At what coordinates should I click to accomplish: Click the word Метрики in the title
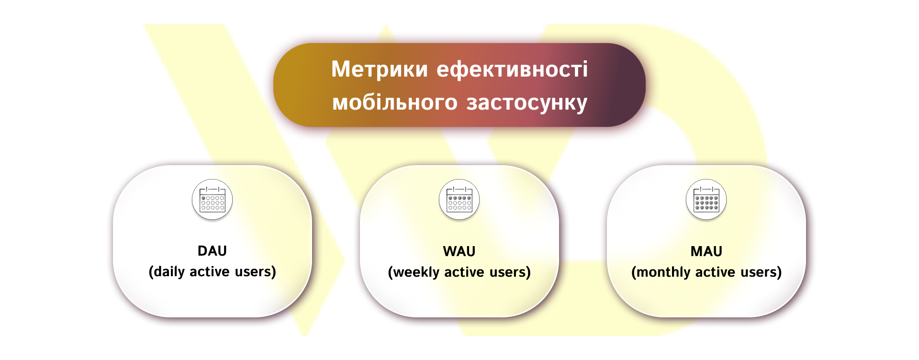pos(379,69)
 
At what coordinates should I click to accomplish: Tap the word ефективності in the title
pos(512,69)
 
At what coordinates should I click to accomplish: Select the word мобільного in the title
pos(395,102)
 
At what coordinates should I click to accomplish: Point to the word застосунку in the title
pos(527,102)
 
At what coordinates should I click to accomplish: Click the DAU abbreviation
pos(212,251)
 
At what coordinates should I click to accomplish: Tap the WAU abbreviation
pos(459,251)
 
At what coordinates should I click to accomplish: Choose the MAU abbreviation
pos(706,251)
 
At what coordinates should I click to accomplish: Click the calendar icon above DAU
pos(212,200)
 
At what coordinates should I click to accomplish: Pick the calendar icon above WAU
pos(459,200)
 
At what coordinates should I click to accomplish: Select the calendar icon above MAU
pos(706,200)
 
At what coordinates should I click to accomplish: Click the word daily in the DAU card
pos(168,272)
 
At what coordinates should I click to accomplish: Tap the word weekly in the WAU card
pos(415,272)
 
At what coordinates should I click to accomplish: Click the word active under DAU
pos(210,272)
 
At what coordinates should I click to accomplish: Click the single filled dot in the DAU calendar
pos(203,198)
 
